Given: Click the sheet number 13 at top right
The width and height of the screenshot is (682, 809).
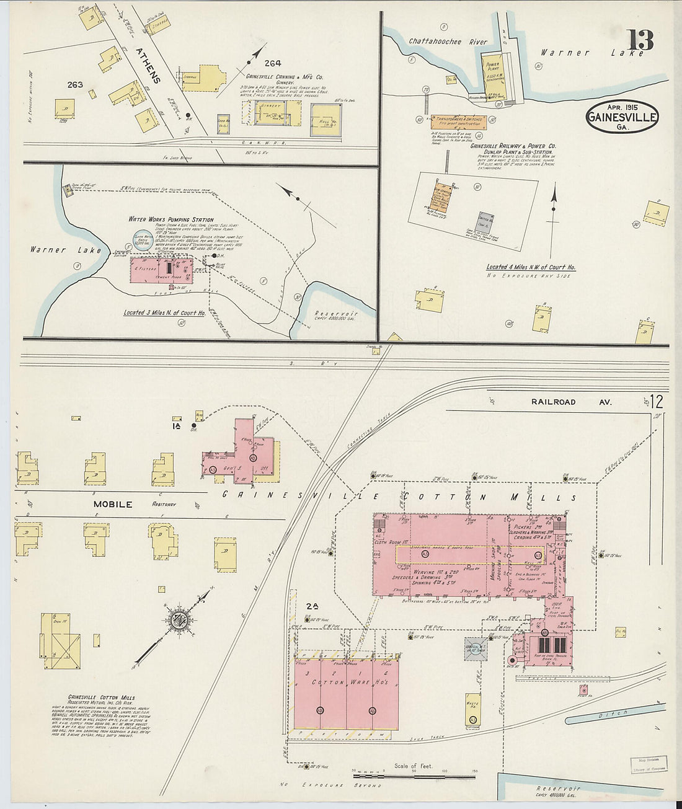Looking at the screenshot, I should pyautogui.click(x=640, y=40).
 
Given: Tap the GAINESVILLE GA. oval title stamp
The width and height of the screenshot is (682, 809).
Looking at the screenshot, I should pyautogui.click(x=622, y=117).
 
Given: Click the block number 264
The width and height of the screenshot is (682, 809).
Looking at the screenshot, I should pyautogui.click(x=272, y=63).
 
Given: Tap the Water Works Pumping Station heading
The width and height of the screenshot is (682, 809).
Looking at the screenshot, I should pyautogui.click(x=171, y=219).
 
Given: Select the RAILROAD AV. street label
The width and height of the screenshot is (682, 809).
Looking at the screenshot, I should pyautogui.click(x=570, y=402).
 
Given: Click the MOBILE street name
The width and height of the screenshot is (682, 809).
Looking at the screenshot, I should pyautogui.click(x=112, y=504).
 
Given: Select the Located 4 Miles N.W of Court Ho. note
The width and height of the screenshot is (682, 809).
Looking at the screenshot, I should pyautogui.click(x=531, y=267).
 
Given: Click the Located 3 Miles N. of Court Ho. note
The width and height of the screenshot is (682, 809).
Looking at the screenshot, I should pyautogui.click(x=164, y=313).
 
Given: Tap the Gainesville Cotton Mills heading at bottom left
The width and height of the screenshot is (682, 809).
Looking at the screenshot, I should pyautogui.click(x=101, y=697).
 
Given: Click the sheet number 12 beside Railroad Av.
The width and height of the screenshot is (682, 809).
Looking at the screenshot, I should pyautogui.click(x=657, y=402).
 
